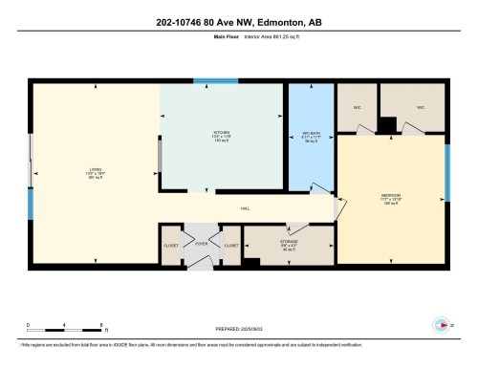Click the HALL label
tap(246, 209)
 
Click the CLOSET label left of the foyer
tap(172, 246)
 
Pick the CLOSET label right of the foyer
tap(230, 246)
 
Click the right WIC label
tap(420, 107)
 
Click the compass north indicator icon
tap(443, 323)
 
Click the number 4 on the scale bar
tap(64, 325)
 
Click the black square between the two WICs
tap(386, 124)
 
